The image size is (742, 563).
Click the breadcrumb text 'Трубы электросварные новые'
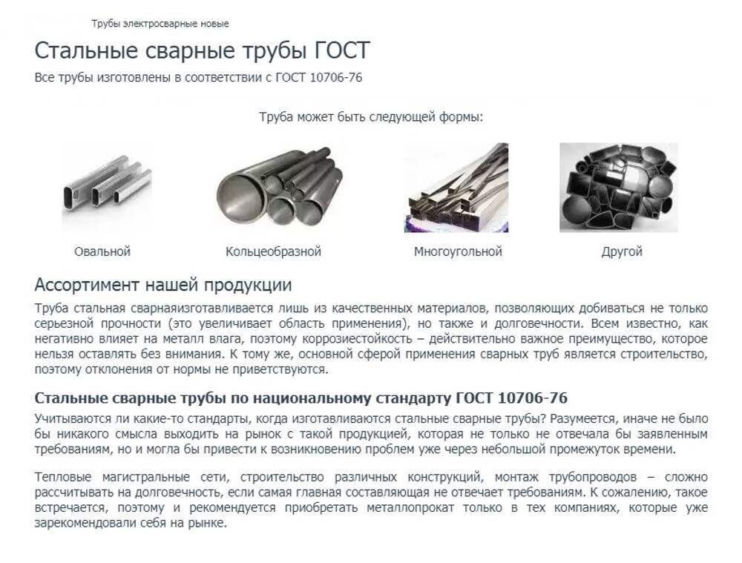tap(160, 24)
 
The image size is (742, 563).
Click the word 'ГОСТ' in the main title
tap(342, 50)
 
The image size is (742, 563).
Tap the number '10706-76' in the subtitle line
tap(336, 78)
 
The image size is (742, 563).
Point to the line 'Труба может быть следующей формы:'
tap(371, 117)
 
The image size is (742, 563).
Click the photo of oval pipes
tap(107, 188)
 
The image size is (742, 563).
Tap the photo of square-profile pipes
tap(456, 188)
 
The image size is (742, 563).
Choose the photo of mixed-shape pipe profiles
tap(619, 188)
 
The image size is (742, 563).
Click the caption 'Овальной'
tap(102, 251)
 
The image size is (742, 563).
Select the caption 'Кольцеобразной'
tap(273, 251)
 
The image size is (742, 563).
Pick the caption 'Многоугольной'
tap(458, 251)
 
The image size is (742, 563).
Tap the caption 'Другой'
tap(622, 251)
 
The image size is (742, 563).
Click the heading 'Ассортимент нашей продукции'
tap(163, 285)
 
